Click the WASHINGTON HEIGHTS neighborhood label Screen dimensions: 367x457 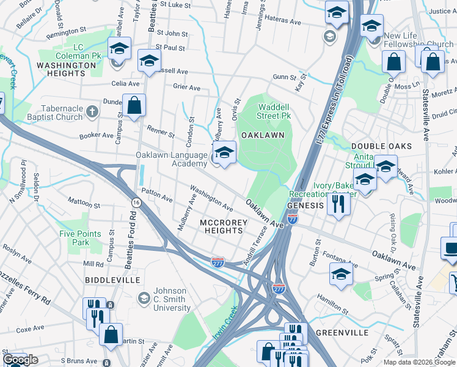[61, 69]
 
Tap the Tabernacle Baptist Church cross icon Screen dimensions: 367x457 [92, 112]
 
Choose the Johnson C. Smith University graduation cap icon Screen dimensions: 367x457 [144, 298]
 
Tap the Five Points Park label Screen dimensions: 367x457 [78, 238]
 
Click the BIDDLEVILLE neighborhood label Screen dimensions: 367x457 [110, 280]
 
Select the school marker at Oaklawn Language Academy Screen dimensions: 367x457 [224, 153]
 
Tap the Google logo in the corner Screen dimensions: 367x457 [20, 359]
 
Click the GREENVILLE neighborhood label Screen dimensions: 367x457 [342, 333]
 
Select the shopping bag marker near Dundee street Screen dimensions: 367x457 [134, 105]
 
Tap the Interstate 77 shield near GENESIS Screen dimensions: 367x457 [293, 218]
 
